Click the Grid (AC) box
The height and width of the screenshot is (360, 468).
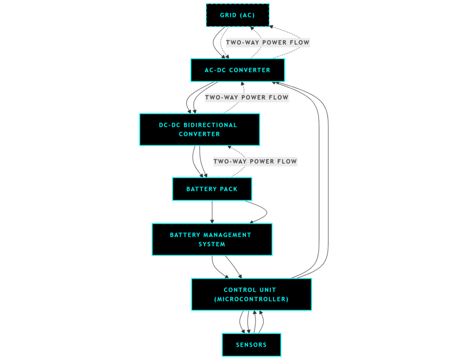[x=237, y=15]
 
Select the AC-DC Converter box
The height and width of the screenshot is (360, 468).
[x=237, y=70]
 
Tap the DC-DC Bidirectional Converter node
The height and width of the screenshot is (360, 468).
[x=199, y=129]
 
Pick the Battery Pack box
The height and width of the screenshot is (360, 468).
[x=212, y=189]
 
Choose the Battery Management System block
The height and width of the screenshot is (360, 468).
[x=212, y=239]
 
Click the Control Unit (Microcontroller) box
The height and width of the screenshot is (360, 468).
[x=251, y=294]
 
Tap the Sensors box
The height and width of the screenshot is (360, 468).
[x=251, y=344]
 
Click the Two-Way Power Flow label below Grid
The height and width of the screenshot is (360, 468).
[x=267, y=43]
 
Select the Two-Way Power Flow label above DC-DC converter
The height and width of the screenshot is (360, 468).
[x=246, y=97]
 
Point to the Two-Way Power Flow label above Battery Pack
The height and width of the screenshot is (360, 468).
[x=255, y=161]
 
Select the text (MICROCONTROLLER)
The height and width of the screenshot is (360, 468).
[x=251, y=299]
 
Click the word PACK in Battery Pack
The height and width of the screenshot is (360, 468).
[x=228, y=189]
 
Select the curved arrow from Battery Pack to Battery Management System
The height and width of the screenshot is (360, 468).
[x=265, y=212]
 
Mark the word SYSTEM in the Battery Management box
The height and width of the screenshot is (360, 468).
[x=212, y=244]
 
